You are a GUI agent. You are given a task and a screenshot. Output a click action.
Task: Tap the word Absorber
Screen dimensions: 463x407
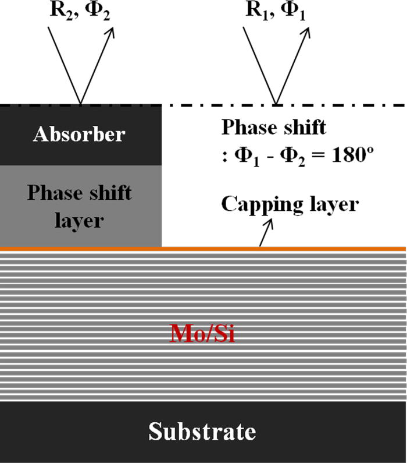[x=80, y=135]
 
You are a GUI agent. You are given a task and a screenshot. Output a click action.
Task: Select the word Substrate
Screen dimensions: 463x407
[x=202, y=432]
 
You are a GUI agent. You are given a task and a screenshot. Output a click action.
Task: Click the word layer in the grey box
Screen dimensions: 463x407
[x=80, y=221]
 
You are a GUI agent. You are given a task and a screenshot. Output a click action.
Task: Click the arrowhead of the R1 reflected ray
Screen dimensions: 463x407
[x=306, y=30]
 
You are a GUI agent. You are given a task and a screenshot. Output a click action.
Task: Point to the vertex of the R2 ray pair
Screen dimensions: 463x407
[x=80, y=104]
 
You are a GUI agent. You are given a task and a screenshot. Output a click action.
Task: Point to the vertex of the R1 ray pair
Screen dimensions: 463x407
[x=275, y=104]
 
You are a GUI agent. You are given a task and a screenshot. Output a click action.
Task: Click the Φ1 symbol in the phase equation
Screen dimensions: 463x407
[x=241, y=157]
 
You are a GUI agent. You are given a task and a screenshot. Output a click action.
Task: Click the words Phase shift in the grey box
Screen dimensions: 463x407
[x=80, y=193]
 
